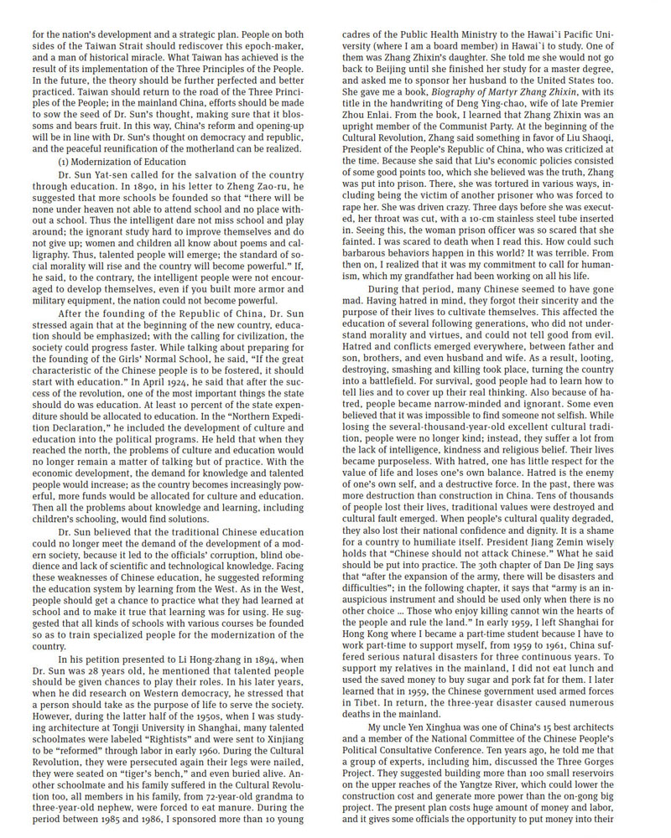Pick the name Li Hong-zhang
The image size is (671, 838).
tap(186, 661)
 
